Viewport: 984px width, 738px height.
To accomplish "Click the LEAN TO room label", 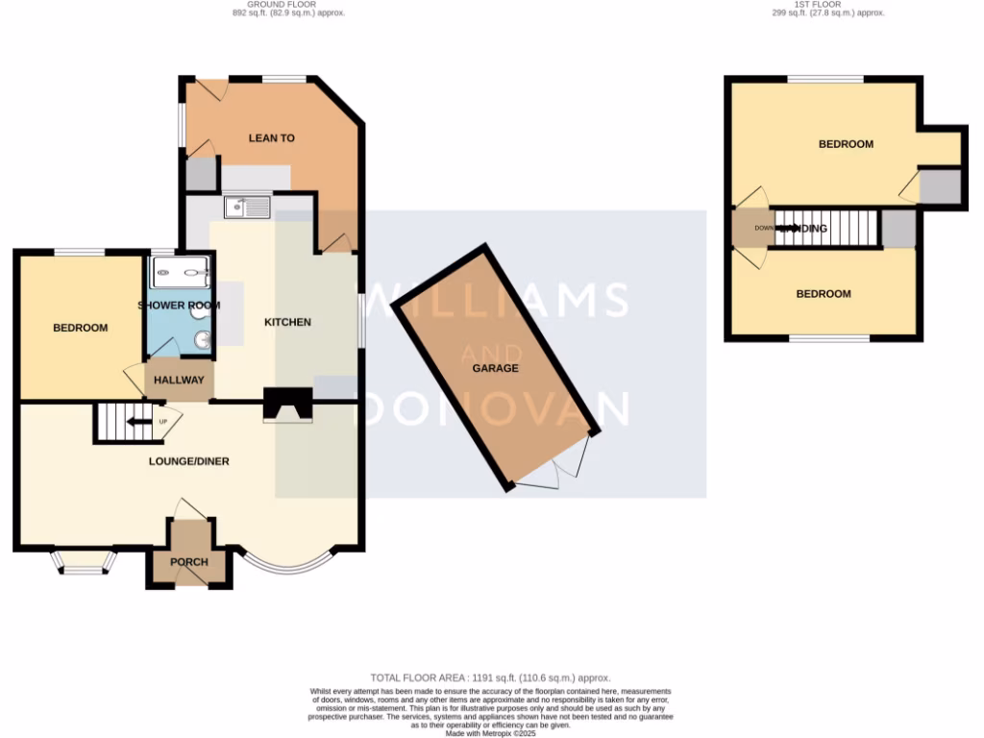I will point(271,138).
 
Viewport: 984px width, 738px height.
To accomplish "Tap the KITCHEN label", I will point(287,322).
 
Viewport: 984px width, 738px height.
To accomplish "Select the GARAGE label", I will point(495,368).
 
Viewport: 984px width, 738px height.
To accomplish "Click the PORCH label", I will point(188,562).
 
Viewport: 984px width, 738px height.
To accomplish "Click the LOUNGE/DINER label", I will point(188,461).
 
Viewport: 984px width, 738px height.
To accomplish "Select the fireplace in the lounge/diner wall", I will point(288,406).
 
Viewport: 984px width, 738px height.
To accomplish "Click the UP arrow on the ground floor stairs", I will point(142,421).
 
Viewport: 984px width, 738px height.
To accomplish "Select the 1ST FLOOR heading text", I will point(827,9).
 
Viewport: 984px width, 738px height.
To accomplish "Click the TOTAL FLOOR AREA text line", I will point(490,678).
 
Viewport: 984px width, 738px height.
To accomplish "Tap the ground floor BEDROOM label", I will point(80,329).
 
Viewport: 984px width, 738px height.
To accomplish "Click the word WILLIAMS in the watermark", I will point(500,299).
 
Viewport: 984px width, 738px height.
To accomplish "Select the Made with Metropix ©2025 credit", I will point(490,732).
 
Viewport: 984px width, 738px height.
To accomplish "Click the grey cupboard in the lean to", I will point(200,174).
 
